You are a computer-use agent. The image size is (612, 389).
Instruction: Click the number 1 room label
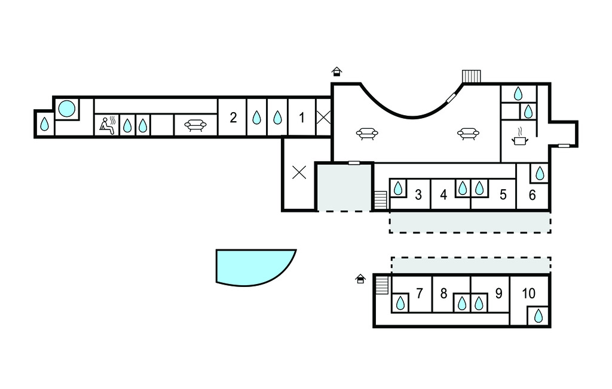tap(301, 118)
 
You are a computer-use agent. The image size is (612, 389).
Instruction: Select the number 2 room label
tap(233, 118)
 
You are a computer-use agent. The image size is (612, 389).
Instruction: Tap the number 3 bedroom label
tap(418, 194)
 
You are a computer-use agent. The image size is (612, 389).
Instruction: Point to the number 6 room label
tap(532, 194)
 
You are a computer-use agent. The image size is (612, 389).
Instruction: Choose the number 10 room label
tap(528, 293)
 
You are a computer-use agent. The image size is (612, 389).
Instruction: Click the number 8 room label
tap(443, 293)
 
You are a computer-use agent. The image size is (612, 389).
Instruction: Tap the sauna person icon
tap(108, 125)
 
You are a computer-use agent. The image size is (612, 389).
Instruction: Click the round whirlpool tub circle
tap(66, 109)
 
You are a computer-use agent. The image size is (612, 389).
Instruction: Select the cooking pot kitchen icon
tap(519, 137)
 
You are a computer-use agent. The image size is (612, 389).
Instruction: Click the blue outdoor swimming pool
tap(253, 267)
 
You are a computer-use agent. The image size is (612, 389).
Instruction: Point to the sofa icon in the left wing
tap(195, 125)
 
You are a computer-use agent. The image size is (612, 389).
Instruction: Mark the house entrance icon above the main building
tap(336, 72)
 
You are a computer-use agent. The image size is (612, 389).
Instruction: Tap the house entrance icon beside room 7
tap(360, 279)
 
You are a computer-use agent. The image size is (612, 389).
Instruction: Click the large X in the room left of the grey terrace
tap(299, 172)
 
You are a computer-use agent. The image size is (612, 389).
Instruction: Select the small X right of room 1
tap(323, 118)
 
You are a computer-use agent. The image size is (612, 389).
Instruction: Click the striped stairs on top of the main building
tap(471, 76)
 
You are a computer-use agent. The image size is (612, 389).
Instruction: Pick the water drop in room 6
tap(540, 173)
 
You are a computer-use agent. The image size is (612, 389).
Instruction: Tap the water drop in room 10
tap(538, 316)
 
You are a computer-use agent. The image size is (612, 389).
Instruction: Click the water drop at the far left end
tap(44, 124)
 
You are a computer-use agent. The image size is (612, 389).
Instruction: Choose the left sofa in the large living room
tap(367, 134)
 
